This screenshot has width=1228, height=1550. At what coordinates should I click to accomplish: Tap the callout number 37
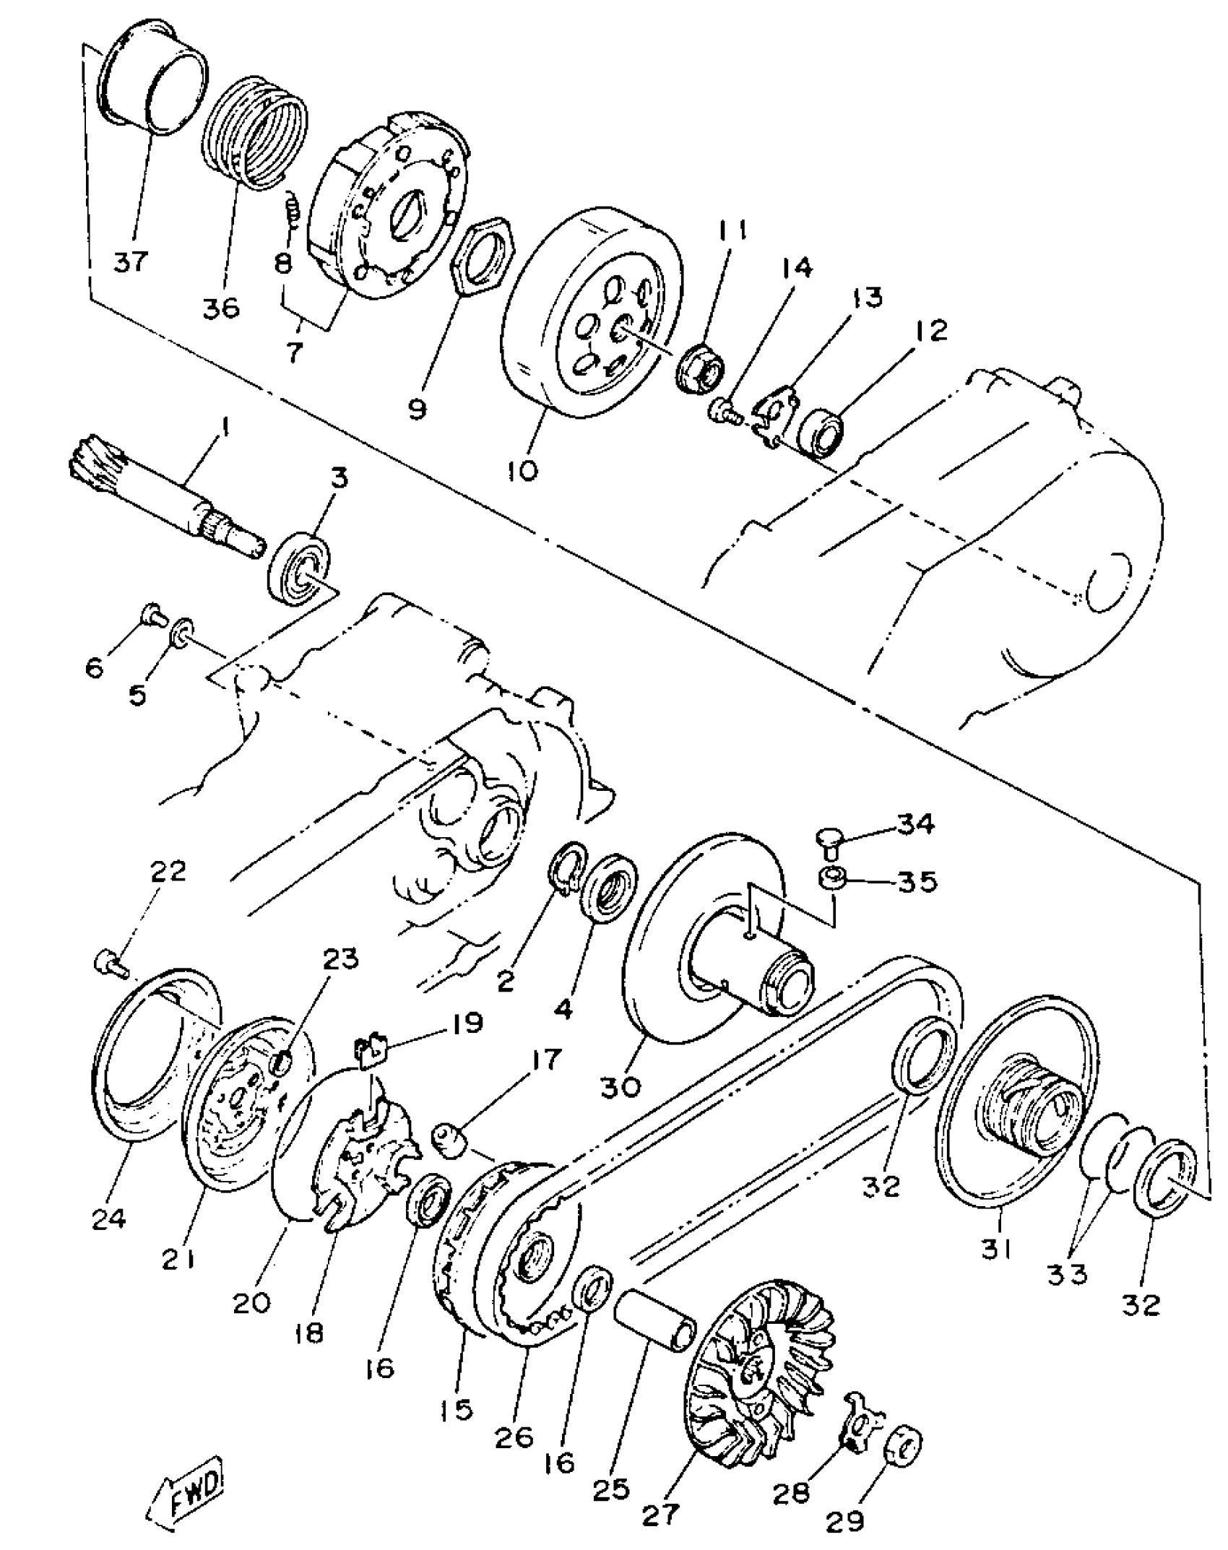(x=130, y=260)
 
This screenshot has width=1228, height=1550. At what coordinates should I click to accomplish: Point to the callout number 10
(x=522, y=471)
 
